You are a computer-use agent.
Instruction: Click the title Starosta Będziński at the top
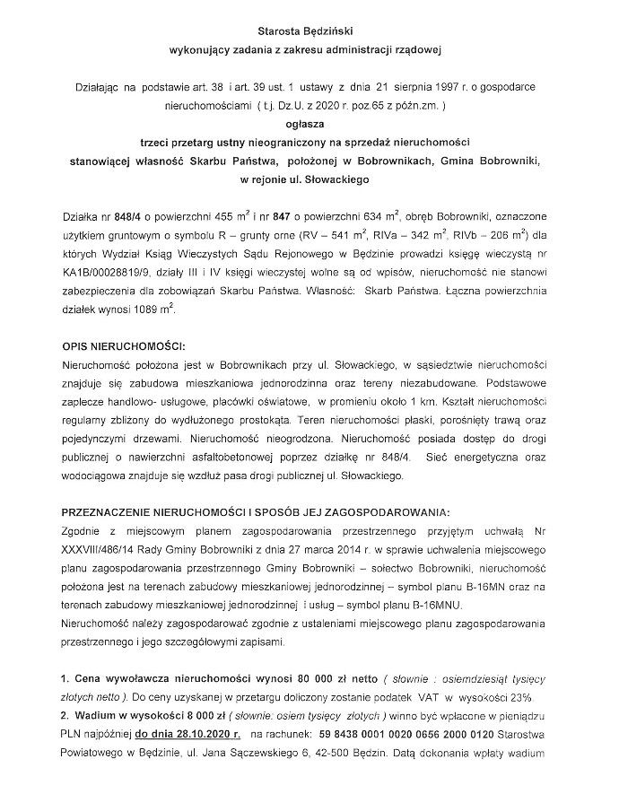click(x=309, y=31)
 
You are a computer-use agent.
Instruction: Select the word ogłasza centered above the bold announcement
click(x=309, y=126)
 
